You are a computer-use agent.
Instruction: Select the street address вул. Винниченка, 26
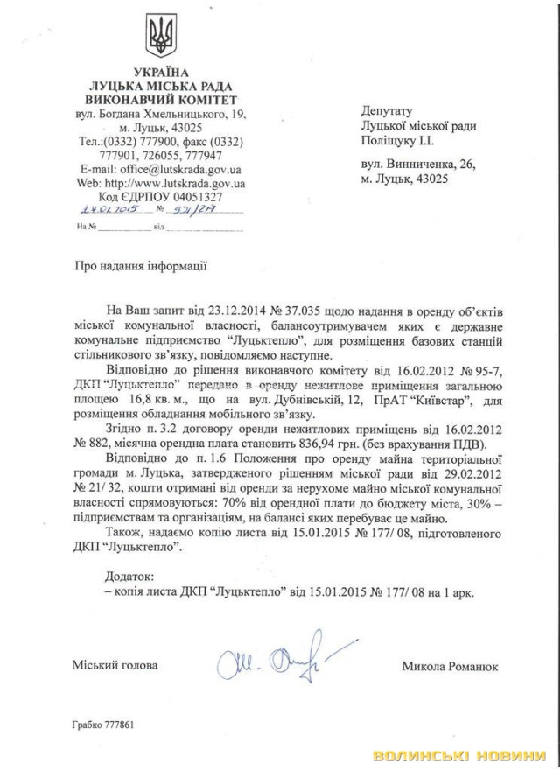tap(418, 164)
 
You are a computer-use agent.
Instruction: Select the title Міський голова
tap(115, 666)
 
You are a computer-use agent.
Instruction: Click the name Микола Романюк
tap(450, 667)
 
